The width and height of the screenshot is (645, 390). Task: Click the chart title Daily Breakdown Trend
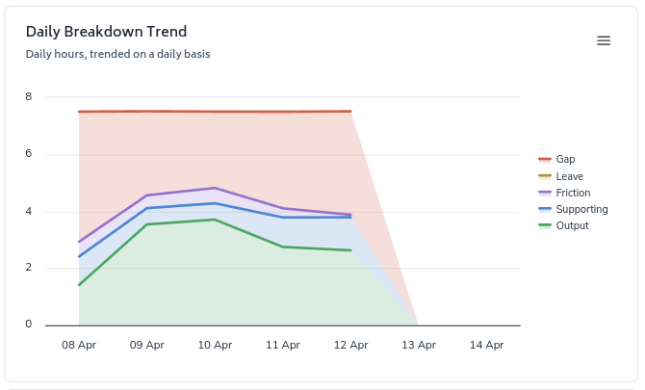pyautogui.click(x=106, y=32)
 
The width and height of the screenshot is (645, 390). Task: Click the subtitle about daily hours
pyautogui.click(x=117, y=54)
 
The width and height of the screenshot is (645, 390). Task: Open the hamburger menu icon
pyautogui.click(x=604, y=40)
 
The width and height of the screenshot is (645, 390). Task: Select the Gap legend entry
pyautogui.click(x=565, y=159)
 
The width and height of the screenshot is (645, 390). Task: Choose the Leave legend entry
pyautogui.click(x=569, y=176)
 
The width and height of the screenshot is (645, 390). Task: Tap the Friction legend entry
pyautogui.click(x=573, y=193)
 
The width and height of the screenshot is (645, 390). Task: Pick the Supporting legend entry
pyautogui.click(x=581, y=209)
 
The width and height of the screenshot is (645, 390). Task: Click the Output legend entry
pyautogui.click(x=572, y=225)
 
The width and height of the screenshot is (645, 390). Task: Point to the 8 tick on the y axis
pyautogui.click(x=29, y=96)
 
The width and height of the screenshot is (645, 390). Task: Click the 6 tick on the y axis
pyautogui.click(x=29, y=153)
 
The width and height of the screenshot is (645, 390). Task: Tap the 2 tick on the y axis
pyautogui.click(x=29, y=268)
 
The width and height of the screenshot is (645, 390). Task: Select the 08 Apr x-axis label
pyautogui.click(x=79, y=345)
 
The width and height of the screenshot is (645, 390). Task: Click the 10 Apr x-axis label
pyautogui.click(x=215, y=345)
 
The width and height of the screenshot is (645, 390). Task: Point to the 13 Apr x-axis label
pyautogui.click(x=419, y=345)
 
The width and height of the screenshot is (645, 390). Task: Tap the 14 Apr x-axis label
pyautogui.click(x=486, y=345)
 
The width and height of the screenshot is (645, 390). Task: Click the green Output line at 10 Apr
pyautogui.click(x=215, y=220)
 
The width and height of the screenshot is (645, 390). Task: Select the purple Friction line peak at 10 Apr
pyautogui.click(x=215, y=188)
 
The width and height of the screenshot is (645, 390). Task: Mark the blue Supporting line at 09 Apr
pyautogui.click(x=147, y=208)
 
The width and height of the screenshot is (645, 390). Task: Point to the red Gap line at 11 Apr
pyautogui.click(x=283, y=112)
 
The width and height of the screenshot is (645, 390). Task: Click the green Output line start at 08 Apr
pyautogui.click(x=79, y=285)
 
